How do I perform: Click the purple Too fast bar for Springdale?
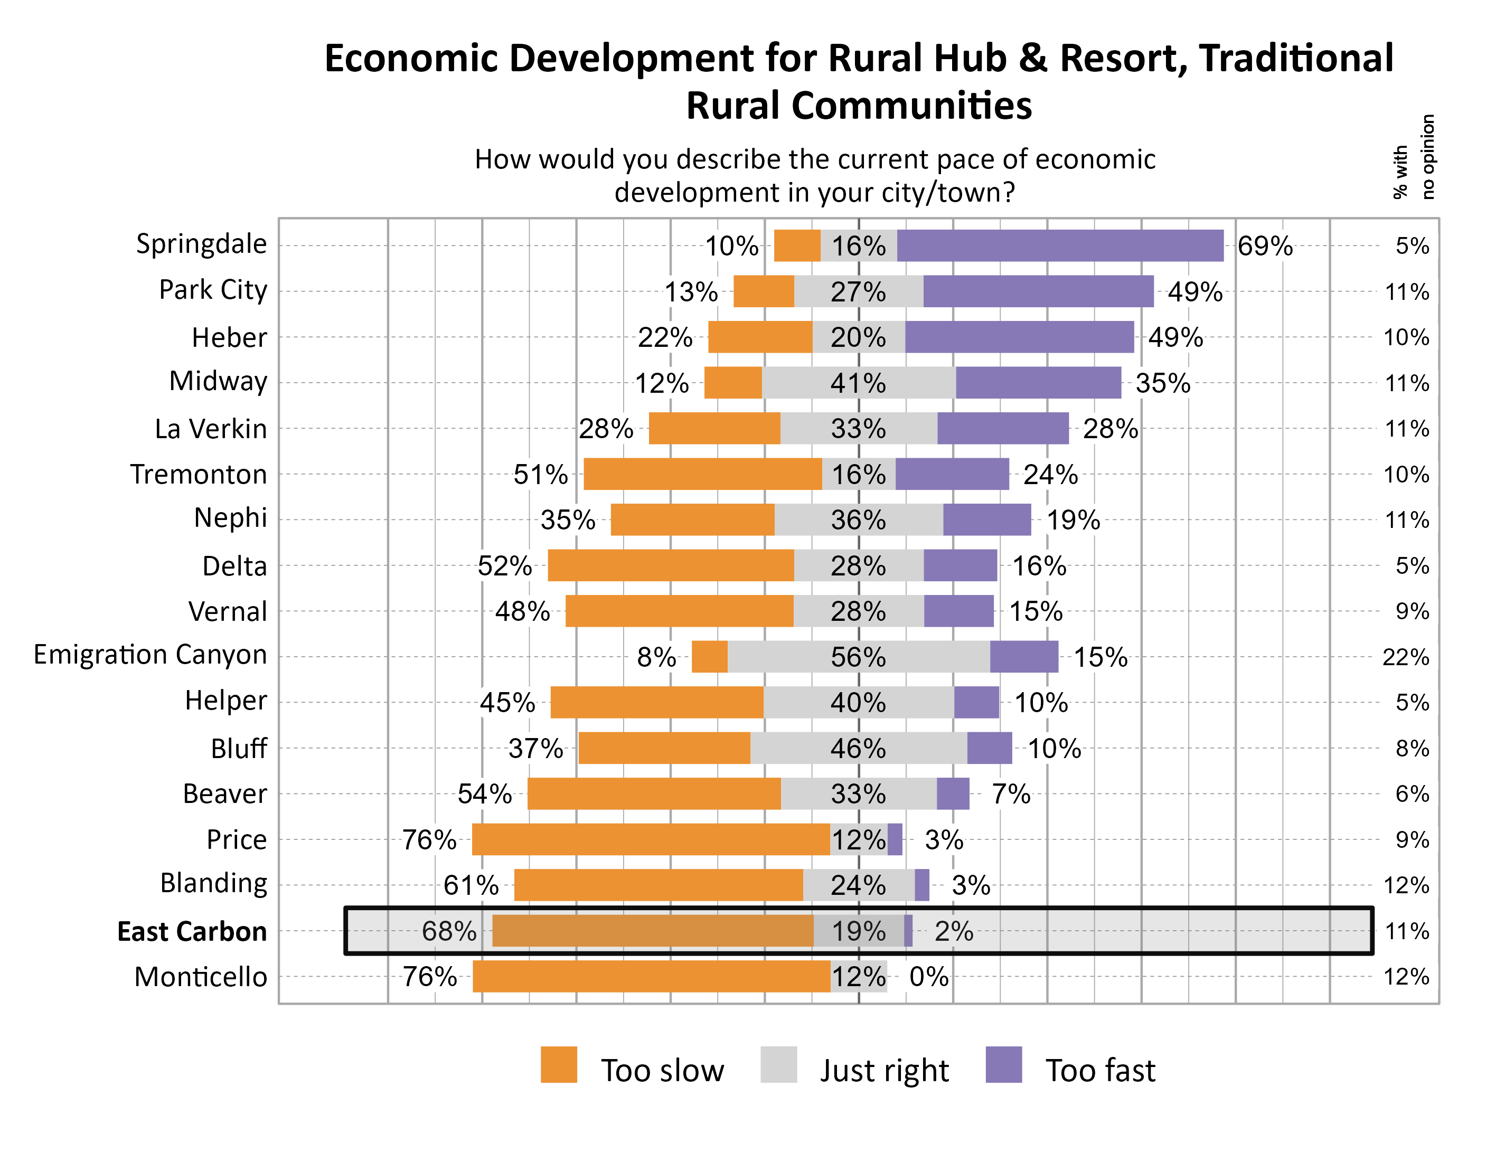point(1060,246)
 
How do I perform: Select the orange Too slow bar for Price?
point(651,839)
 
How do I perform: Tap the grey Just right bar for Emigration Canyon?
point(858,657)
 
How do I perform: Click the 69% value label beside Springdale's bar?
point(1265,246)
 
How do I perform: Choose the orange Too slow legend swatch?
point(558,1064)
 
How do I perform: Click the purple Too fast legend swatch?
point(1003,1064)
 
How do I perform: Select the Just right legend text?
point(884,1070)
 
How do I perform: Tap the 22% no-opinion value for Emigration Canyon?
point(1405,657)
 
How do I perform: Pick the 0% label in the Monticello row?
point(928,976)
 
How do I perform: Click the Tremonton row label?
point(199,474)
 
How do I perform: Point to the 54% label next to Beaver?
point(484,793)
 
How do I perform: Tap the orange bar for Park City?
point(764,291)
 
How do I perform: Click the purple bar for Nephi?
point(987,519)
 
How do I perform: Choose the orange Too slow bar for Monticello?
point(651,976)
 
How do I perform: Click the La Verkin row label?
point(210,429)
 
